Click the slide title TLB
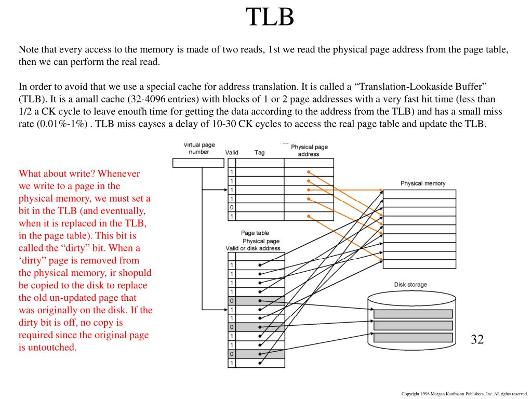click(270, 17)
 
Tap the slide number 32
click(477, 340)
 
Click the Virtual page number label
click(199, 148)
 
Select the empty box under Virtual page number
click(198, 163)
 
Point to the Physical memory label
click(422, 183)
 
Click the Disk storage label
click(410, 285)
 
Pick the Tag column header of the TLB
click(259, 152)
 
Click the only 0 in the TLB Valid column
click(232, 207)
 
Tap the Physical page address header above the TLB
click(309, 150)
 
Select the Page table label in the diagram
click(255, 233)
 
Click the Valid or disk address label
click(252, 248)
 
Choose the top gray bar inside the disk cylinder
click(413, 314)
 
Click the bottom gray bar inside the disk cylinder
click(413, 337)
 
